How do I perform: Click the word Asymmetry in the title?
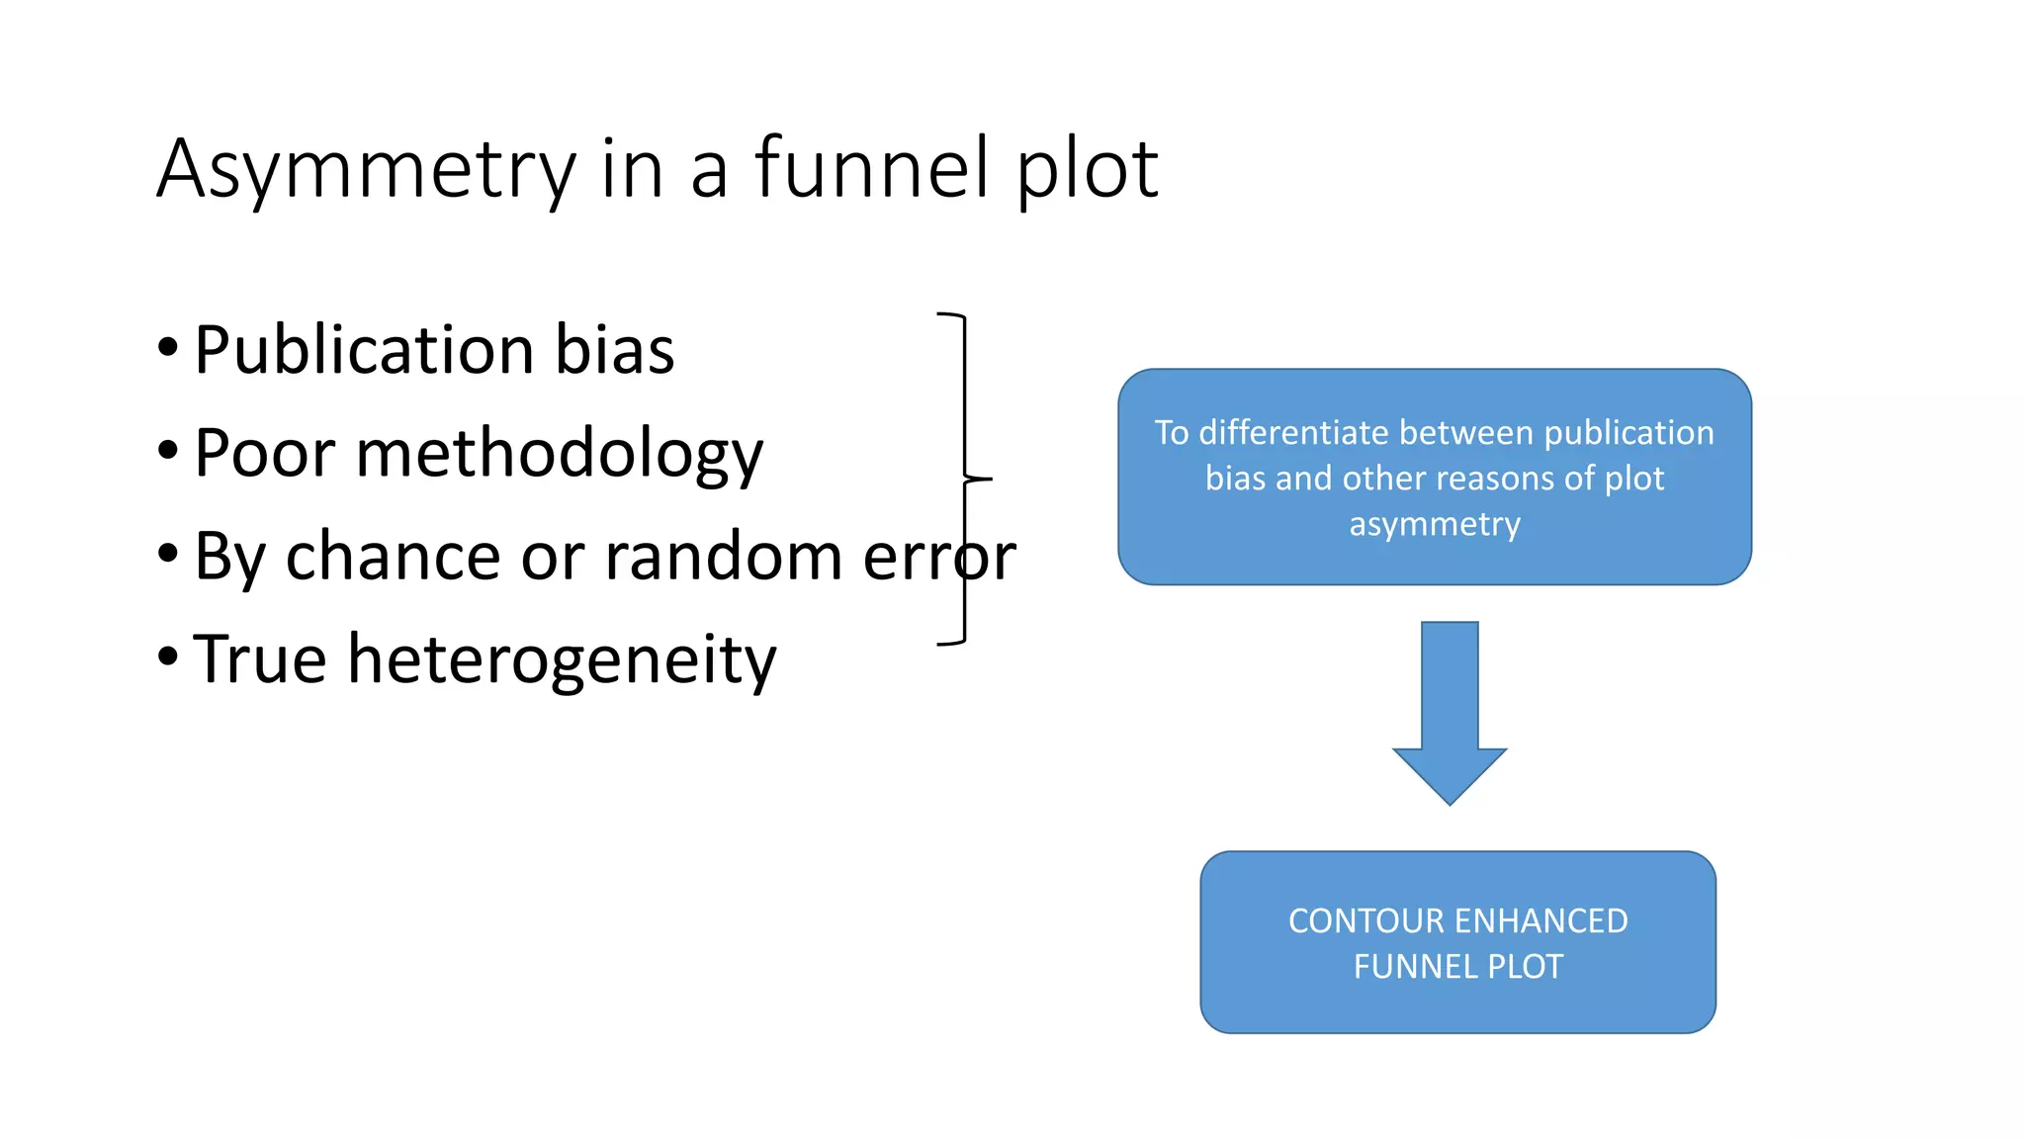pyautogui.click(x=366, y=170)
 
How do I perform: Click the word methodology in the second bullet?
pyautogui.click(x=560, y=455)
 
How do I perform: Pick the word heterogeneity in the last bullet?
pyautogui.click(x=562, y=660)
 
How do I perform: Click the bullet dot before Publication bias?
pyautogui.click(x=168, y=348)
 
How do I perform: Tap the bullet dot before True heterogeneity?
pyautogui.click(x=168, y=657)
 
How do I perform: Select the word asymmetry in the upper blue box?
pyautogui.click(x=1435, y=524)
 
